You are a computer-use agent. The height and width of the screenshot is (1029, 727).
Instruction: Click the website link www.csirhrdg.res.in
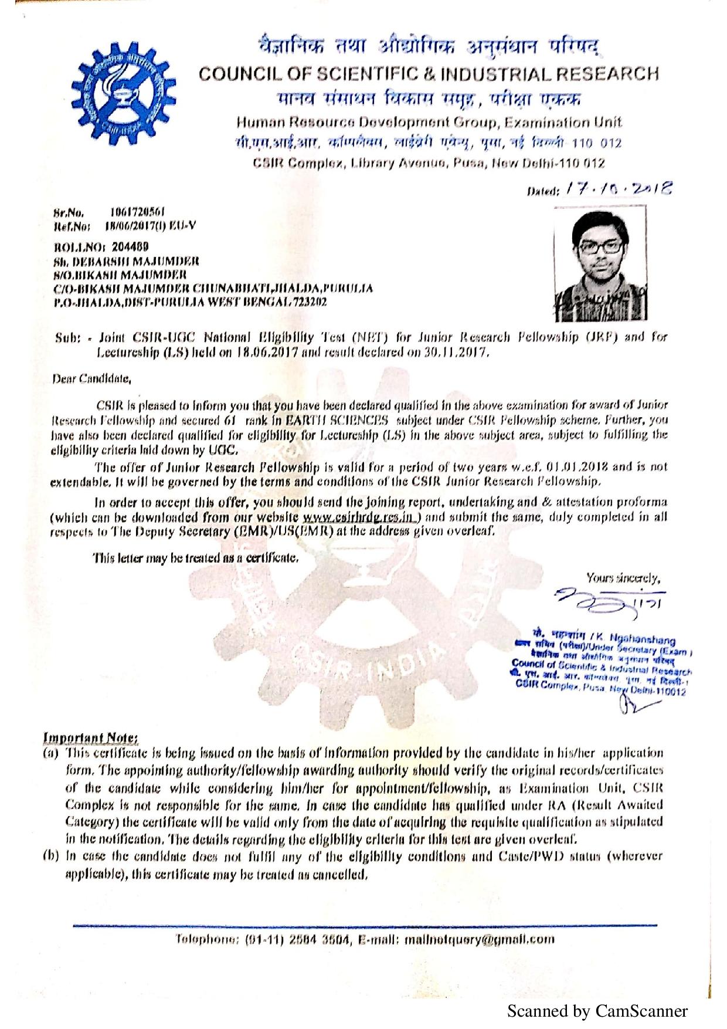361,517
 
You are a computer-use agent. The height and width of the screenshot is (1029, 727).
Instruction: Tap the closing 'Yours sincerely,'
623,578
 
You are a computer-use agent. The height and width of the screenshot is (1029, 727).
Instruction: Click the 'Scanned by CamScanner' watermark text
597,1011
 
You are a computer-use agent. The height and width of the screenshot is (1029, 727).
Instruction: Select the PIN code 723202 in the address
311,302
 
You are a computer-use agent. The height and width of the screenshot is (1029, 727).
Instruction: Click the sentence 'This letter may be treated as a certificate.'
196,557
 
